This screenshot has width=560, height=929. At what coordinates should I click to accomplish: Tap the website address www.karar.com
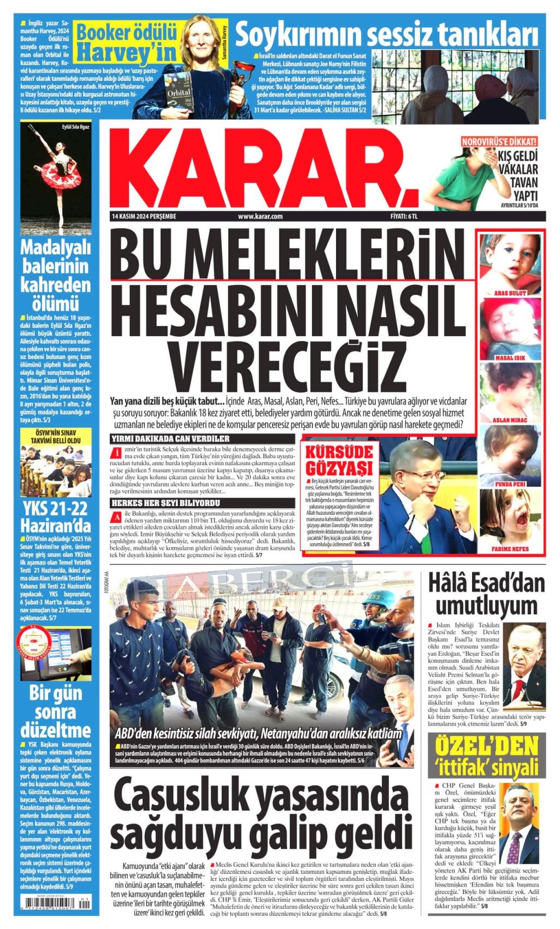(x=260, y=216)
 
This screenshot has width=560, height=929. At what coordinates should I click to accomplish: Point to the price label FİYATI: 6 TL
(x=404, y=216)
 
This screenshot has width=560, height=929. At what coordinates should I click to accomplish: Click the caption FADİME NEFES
(x=510, y=549)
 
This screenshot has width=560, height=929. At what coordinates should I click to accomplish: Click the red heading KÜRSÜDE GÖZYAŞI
(x=339, y=460)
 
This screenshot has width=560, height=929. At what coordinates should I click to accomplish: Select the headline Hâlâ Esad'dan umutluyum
(x=486, y=594)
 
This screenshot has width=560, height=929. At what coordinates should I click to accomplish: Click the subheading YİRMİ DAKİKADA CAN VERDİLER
(x=170, y=439)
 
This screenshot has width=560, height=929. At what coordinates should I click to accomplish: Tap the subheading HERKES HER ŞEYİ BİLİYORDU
(x=166, y=503)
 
